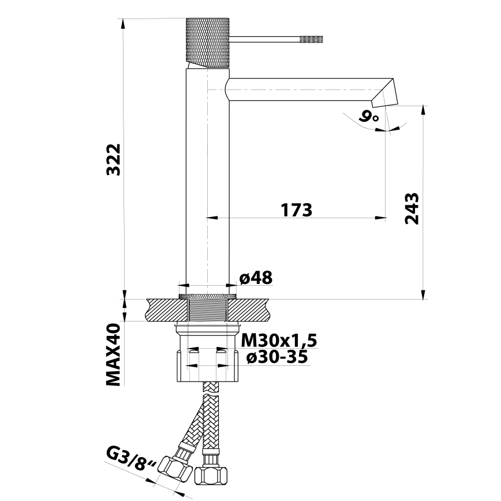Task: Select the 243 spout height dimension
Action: [411, 208]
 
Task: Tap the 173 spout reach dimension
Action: [297, 210]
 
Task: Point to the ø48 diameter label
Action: [256, 278]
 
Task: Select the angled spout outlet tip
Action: [387, 94]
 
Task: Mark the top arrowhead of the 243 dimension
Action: [424, 110]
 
